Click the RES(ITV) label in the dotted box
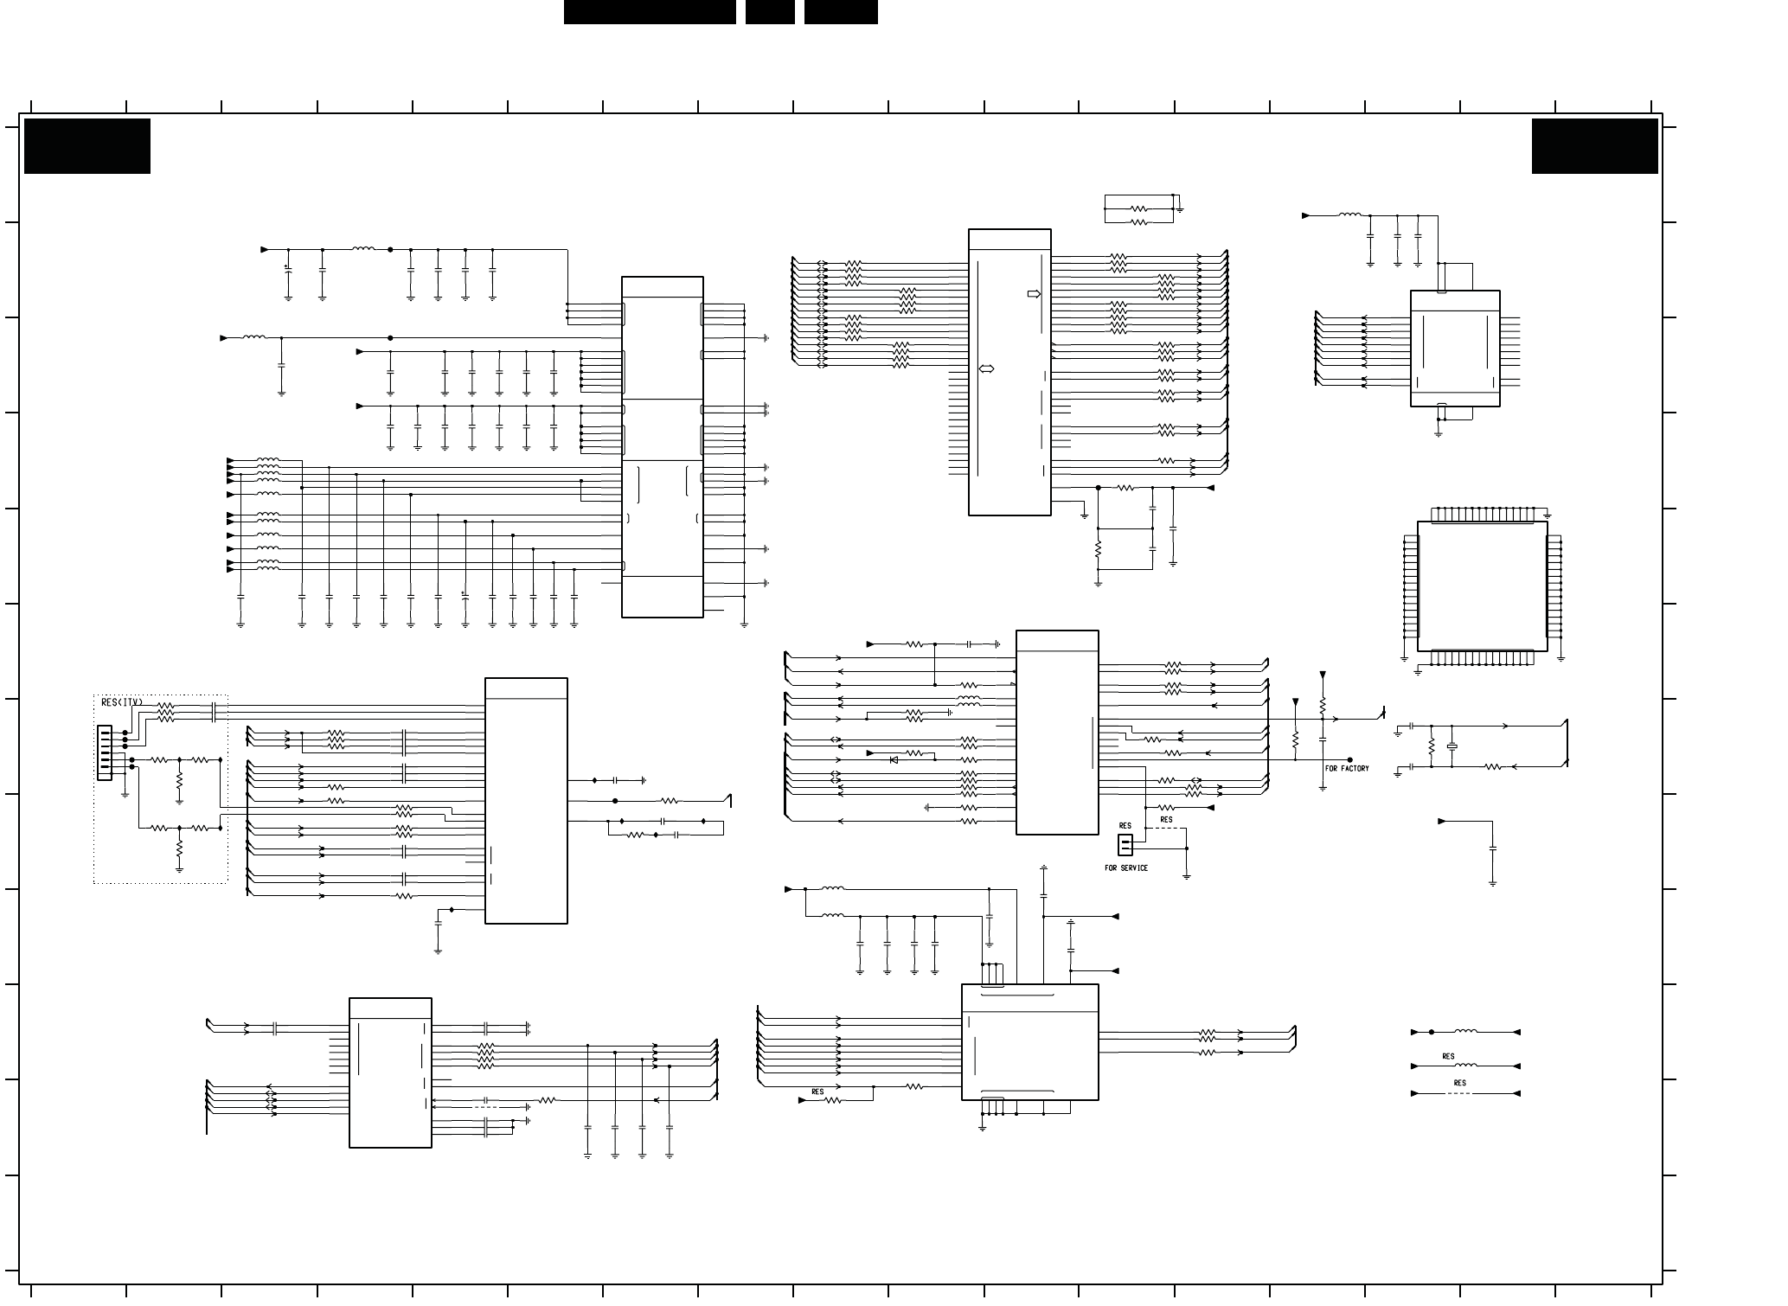pos(121,702)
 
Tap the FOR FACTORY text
pos(1347,769)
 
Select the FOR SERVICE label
pos(1126,868)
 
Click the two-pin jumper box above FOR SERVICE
pos(1125,844)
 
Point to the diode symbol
pos(894,759)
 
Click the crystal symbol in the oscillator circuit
pos(1452,746)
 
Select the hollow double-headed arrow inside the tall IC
pos(986,369)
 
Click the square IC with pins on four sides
pos(1482,586)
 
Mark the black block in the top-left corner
pos(87,146)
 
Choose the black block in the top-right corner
pos(1594,146)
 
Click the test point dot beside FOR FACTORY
pos(1349,760)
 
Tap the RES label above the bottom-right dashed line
pos(1460,1083)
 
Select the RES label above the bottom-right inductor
pos(1448,1056)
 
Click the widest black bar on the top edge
pos(650,12)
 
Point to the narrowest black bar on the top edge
pos(770,12)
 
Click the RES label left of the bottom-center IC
pos(817,1092)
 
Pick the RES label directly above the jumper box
pos(1125,826)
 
